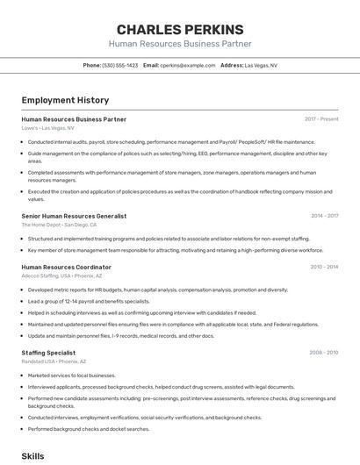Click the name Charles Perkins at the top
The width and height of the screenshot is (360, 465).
coord(180,28)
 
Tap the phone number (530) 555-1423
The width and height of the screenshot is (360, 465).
coord(120,65)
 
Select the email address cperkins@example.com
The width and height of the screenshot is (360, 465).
coord(188,65)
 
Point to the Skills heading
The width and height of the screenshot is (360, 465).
coord(32,456)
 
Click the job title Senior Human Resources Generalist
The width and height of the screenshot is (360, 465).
coord(74,216)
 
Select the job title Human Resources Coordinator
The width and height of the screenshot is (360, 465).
coord(66,267)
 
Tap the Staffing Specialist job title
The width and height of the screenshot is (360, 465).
coord(48,353)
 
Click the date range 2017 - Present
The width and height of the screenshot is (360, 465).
coord(321,119)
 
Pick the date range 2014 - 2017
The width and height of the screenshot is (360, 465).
coord(324,216)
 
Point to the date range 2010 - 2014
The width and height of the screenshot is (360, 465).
coord(324,267)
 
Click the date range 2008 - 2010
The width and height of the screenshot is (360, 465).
coord(324,353)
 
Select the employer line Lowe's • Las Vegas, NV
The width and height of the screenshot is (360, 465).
coord(48,128)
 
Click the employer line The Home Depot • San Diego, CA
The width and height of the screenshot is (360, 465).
coord(59,225)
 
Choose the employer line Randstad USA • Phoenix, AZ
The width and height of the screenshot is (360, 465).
coord(54,361)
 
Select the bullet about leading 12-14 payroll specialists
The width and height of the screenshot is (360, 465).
coord(89,301)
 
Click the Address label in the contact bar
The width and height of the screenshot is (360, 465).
coord(232,65)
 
